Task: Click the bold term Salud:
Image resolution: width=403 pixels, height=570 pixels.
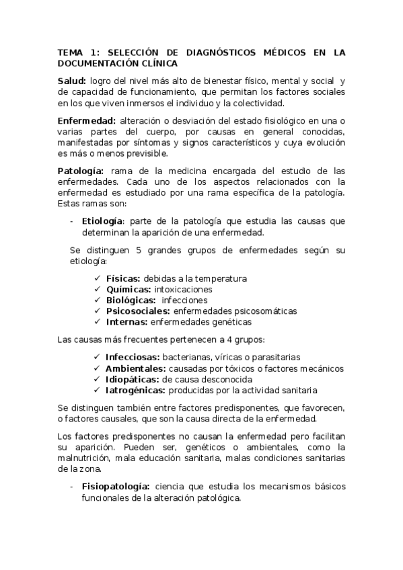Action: tap(71, 82)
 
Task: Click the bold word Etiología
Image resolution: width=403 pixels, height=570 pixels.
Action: tap(102, 221)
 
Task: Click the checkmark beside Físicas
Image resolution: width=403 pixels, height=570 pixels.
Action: tap(99, 278)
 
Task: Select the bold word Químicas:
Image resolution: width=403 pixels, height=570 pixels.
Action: tap(129, 289)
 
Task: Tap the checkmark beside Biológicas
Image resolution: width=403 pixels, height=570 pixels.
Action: tap(99, 300)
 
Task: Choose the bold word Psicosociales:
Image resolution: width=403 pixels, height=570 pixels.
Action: tap(138, 311)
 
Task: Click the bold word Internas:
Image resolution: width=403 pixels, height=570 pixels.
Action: tap(126, 322)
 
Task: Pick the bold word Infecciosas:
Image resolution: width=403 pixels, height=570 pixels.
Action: tap(133, 358)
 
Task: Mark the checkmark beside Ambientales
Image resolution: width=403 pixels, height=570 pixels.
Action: tap(99, 368)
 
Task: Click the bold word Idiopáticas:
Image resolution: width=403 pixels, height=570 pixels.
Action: tap(133, 379)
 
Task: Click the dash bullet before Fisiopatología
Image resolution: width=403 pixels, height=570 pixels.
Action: tap(72, 486)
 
